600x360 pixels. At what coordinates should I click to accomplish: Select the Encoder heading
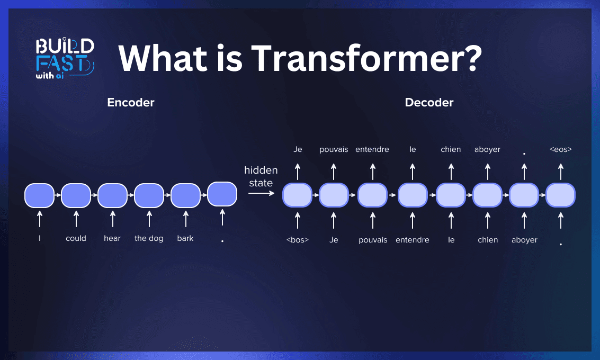(x=130, y=103)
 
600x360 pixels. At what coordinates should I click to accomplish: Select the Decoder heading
(x=429, y=103)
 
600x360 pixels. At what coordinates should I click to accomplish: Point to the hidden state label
(x=261, y=177)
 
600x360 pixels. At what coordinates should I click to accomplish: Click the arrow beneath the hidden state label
(x=261, y=194)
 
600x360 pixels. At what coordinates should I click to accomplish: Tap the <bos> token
(x=297, y=240)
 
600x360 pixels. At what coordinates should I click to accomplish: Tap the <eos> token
(x=560, y=149)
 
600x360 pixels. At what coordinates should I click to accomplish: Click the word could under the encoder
(x=76, y=238)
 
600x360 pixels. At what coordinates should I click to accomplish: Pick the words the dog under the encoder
(x=149, y=238)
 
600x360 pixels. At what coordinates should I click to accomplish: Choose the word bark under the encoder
(x=185, y=238)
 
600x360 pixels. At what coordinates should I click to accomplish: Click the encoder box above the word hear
(x=112, y=195)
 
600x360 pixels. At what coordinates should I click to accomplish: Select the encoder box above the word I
(x=39, y=195)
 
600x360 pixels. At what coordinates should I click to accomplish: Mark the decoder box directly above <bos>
(x=297, y=195)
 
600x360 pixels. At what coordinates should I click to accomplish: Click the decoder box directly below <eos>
(x=560, y=195)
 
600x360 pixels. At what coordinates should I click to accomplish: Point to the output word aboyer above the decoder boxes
(x=487, y=149)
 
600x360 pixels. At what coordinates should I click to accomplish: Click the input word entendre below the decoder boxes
(x=413, y=240)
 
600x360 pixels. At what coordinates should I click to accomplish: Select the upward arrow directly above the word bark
(x=185, y=219)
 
